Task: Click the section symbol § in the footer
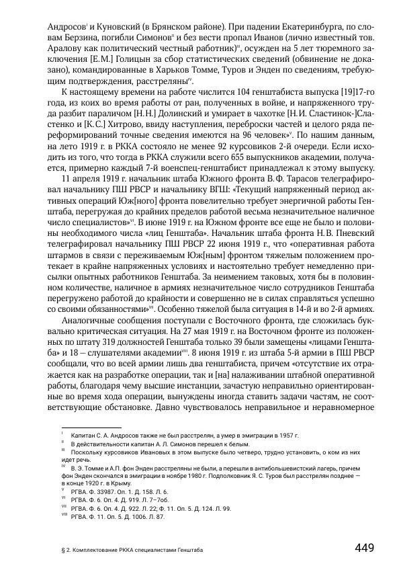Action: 62,549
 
